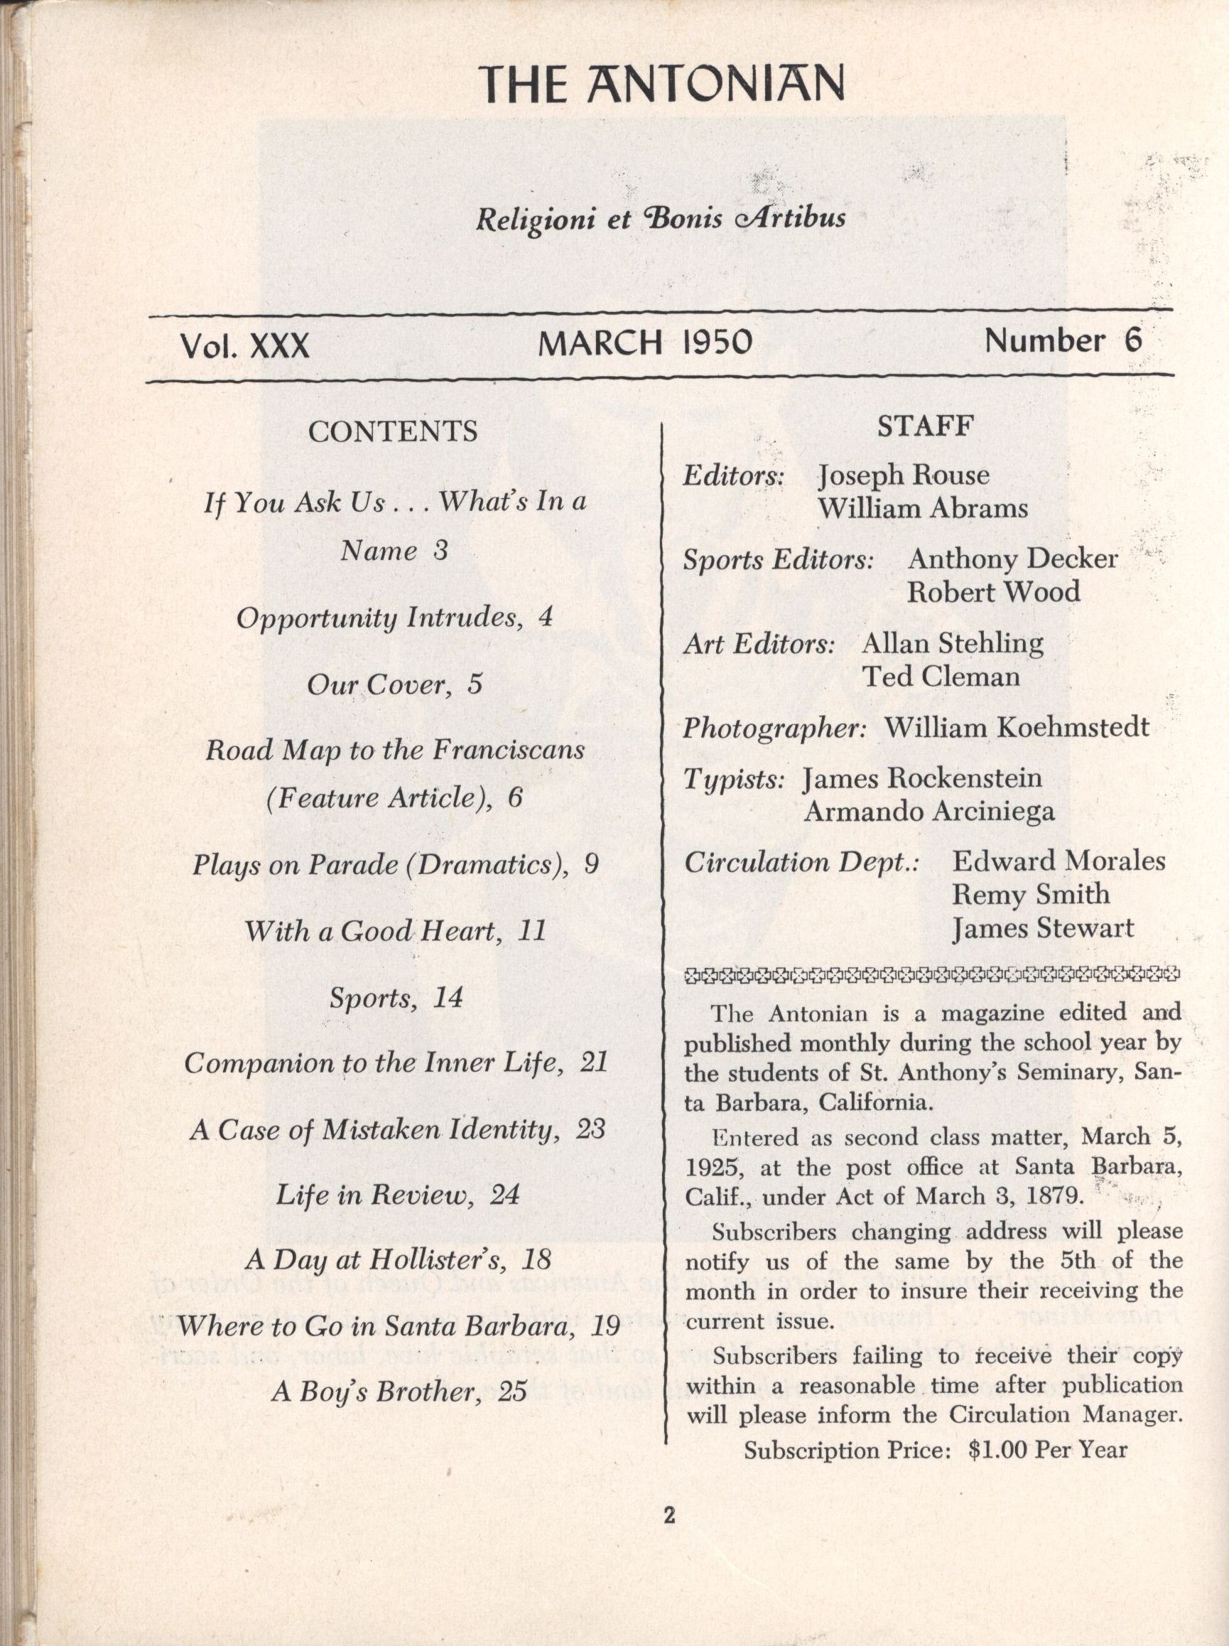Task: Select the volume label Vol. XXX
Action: click(244, 346)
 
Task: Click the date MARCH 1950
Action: click(645, 343)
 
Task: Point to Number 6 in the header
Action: click(1062, 341)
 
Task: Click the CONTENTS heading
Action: click(393, 431)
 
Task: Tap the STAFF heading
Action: click(926, 426)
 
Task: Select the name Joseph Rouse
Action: click(903, 475)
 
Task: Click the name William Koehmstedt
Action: click(1016, 727)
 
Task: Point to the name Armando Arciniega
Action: click(928, 811)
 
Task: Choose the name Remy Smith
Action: click(1030, 893)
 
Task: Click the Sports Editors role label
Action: click(778, 559)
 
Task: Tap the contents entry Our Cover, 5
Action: click(394, 684)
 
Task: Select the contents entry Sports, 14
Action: click(396, 997)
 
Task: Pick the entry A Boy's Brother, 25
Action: click(399, 1391)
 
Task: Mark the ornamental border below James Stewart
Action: click(931, 972)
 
